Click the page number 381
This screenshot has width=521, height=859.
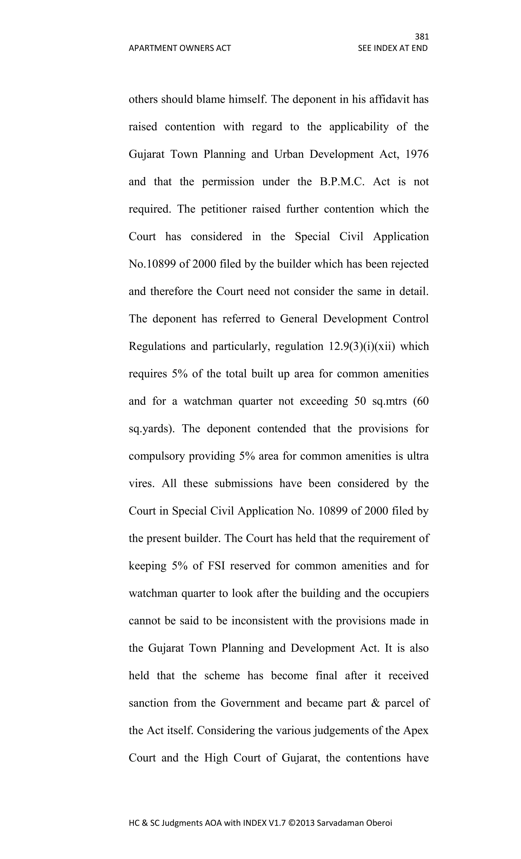(421, 37)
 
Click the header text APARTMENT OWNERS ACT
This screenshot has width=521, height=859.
(180, 48)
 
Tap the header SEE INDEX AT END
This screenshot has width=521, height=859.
(393, 48)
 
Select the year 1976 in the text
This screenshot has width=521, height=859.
(417, 154)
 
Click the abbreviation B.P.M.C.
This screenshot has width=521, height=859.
(342, 182)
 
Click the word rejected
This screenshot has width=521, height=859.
(410, 264)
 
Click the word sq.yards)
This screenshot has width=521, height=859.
(152, 428)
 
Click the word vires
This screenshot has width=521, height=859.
(141, 484)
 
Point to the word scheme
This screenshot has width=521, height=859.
(222, 676)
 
